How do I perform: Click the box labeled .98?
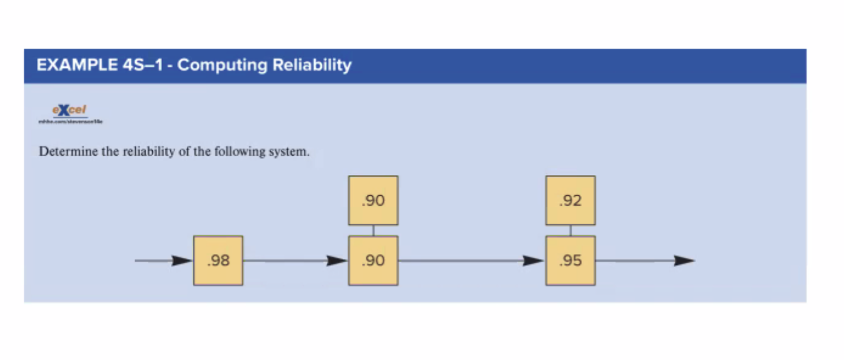coord(218,261)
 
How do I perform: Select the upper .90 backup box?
coord(373,201)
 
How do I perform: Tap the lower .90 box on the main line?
coord(373,261)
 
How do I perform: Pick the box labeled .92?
coord(571,201)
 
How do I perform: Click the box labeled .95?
coord(571,261)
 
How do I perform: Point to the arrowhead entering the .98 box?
coord(182,261)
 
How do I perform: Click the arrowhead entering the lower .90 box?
coord(337,261)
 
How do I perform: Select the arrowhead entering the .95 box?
coord(534,261)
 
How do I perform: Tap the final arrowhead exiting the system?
coord(684,261)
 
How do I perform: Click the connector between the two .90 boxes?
coord(373,230)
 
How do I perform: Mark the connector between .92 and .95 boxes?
coord(571,230)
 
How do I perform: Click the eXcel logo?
coord(70,110)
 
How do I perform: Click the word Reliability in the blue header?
coord(312,65)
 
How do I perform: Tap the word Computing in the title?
coord(222,65)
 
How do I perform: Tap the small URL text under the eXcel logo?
coord(70,122)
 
